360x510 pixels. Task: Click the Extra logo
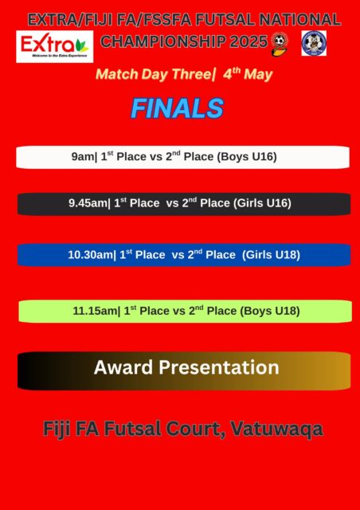tap(55, 46)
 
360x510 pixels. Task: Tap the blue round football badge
tap(314, 43)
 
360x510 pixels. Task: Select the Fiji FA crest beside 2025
tap(279, 44)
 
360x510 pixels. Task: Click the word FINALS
tap(178, 108)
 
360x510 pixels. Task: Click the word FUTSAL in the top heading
tap(227, 20)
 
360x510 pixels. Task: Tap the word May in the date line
tap(258, 74)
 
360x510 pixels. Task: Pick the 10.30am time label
tap(90, 255)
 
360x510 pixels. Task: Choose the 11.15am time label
tap(95, 312)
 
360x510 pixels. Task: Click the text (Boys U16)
tap(247, 157)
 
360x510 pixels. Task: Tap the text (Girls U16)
tap(262, 204)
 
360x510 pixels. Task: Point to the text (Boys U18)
tap(270, 312)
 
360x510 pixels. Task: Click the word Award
tap(123, 367)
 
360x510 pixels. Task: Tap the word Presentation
tap(218, 367)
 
